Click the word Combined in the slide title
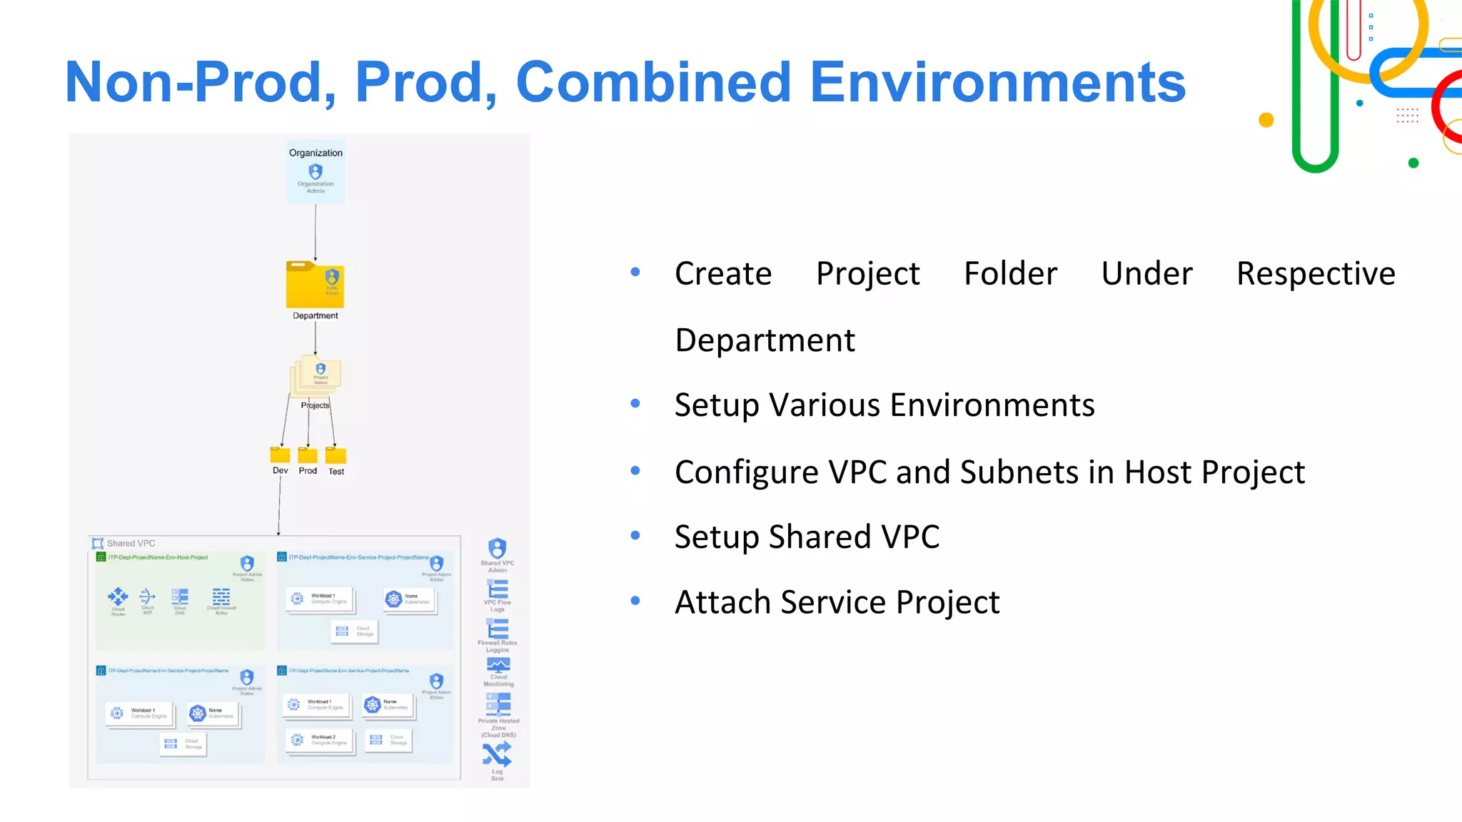click(x=652, y=82)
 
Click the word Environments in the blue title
click(x=997, y=82)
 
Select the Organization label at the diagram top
click(x=316, y=153)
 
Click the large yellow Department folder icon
click(x=315, y=285)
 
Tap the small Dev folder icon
click(x=280, y=455)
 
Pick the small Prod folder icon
click(x=308, y=455)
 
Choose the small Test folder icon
click(x=336, y=455)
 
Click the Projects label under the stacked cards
click(x=315, y=405)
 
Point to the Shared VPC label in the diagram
click(x=131, y=543)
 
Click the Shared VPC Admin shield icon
click(x=498, y=548)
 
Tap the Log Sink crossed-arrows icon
click(x=497, y=754)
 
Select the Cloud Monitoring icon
click(x=498, y=665)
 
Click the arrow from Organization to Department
click(x=316, y=232)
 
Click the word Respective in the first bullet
click(x=1315, y=274)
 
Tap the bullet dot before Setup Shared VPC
click(x=635, y=535)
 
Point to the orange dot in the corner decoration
click(x=1266, y=120)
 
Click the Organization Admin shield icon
click(x=316, y=171)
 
